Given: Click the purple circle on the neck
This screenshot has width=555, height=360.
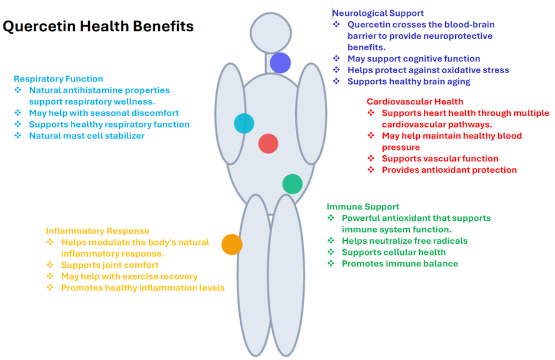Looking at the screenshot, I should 280,63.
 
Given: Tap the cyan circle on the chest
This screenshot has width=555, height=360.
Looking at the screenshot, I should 244,123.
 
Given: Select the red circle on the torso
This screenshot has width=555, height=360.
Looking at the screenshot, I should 268,143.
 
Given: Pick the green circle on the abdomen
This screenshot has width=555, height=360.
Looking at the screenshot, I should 292,184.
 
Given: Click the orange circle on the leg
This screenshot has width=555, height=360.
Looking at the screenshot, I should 232,244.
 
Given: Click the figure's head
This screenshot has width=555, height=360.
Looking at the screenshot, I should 270,32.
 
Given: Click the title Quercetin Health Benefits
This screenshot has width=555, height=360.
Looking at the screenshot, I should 98,27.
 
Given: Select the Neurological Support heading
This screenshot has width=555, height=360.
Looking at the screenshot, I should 378,13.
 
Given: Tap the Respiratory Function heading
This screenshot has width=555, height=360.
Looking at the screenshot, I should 58,78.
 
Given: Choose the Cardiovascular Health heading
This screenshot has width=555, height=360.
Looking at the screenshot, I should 414,102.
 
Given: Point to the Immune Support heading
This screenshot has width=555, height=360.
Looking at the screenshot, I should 363,207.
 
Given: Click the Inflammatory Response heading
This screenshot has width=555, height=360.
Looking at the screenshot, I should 97,231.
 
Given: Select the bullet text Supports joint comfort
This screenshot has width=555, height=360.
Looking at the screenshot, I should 110,265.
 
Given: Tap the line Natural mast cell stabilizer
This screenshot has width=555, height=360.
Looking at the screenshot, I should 87,136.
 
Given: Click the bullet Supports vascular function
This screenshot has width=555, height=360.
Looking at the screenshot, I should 440,158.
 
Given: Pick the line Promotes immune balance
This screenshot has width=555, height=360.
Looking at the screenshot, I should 400,263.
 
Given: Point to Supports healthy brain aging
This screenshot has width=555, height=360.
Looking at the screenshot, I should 409,81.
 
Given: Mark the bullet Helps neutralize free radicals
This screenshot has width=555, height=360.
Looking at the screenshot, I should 404,241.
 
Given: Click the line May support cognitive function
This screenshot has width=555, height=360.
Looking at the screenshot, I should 413,58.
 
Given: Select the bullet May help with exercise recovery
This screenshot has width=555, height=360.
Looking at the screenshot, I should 129,276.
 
